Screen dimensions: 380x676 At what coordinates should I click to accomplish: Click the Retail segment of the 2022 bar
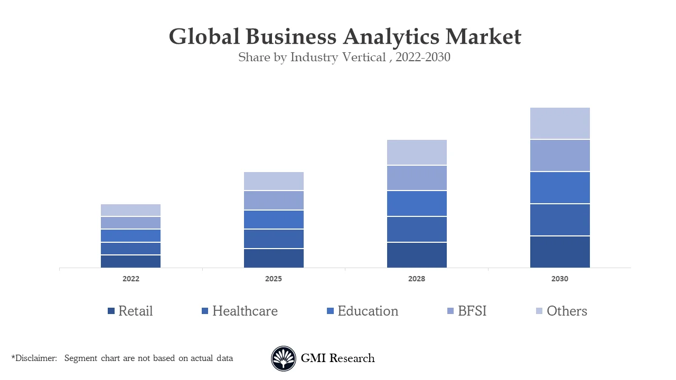(x=130, y=261)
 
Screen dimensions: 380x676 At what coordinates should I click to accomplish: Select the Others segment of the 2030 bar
(x=560, y=123)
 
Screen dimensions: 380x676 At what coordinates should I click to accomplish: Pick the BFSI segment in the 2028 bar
(x=417, y=178)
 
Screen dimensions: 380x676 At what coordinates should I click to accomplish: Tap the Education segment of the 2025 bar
(x=274, y=220)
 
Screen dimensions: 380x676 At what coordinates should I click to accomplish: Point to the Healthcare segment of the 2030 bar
(x=560, y=220)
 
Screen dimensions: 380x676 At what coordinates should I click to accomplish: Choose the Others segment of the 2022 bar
(x=130, y=210)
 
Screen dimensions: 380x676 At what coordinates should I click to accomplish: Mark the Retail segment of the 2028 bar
(x=417, y=255)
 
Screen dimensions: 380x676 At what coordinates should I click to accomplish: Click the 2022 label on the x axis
(x=131, y=279)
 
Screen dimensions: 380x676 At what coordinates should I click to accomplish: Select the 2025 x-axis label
(x=274, y=279)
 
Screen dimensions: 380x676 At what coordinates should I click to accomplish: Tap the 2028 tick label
(x=417, y=279)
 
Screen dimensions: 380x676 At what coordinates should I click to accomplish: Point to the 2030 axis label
(x=560, y=279)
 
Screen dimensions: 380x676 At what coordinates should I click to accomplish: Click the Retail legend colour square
(x=111, y=311)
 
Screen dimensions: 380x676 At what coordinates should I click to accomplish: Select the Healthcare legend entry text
(x=245, y=311)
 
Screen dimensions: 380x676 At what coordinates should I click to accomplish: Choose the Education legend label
(x=368, y=311)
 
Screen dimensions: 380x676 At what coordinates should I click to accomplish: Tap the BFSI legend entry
(x=472, y=311)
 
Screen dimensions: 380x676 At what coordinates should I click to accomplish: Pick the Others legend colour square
(x=539, y=311)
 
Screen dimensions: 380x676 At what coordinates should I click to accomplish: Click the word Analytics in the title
(x=390, y=37)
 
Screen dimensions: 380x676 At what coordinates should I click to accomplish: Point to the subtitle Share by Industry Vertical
(x=312, y=58)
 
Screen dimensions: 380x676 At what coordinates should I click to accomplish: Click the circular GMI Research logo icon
(x=284, y=359)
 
